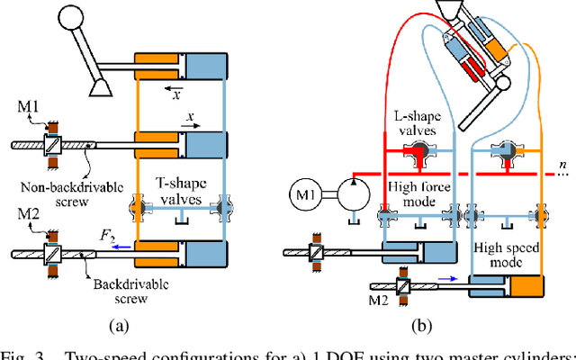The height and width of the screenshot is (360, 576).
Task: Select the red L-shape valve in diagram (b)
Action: coord(417,158)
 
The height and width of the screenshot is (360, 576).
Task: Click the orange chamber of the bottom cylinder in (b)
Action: coord(526,288)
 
